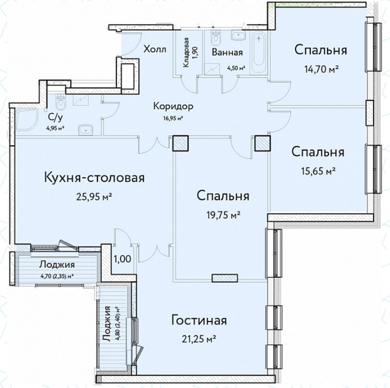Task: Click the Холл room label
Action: pos(155,49)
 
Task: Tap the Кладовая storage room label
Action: pos(186,53)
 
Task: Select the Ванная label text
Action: pos(227,53)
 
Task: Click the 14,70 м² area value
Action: pos(321,69)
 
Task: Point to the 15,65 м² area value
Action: pos(318,171)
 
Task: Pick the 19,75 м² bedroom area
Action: pos(223,215)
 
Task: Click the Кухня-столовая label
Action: pos(94,178)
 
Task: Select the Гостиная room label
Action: pos(199,320)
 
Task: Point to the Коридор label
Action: pos(173,106)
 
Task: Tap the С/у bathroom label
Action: pos(55,118)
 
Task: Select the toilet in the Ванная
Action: pos(215,37)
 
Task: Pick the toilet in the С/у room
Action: pos(60,102)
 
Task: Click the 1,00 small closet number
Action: pos(122,259)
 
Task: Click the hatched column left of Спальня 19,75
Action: pos(181,143)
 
